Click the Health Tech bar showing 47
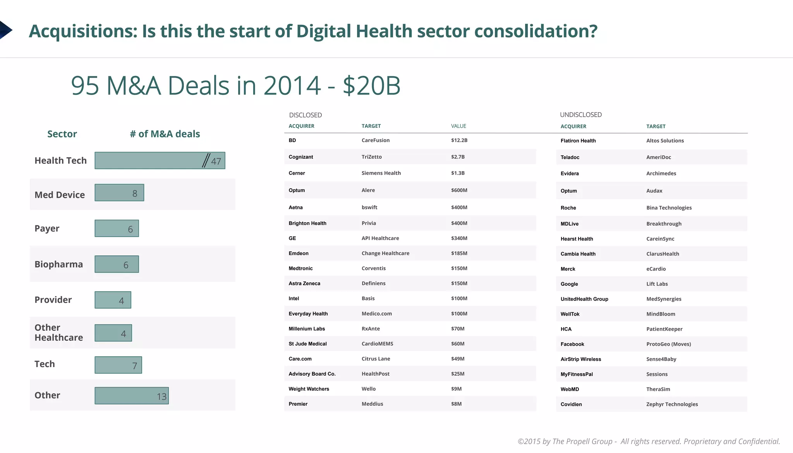(x=160, y=160)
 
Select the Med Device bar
(x=119, y=193)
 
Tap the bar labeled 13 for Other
(x=132, y=396)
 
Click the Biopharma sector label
(x=58, y=264)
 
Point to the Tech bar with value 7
(x=118, y=365)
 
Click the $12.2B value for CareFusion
(x=459, y=141)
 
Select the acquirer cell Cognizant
(x=300, y=157)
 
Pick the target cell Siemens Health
(x=381, y=173)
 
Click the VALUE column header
(x=458, y=126)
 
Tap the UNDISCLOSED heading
(x=580, y=115)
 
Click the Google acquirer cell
(x=569, y=284)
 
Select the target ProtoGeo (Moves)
(x=668, y=344)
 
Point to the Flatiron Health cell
(x=578, y=141)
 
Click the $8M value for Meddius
(x=456, y=404)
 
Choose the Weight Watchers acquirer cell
(x=309, y=389)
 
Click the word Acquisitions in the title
(x=83, y=31)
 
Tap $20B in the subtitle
(x=371, y=86)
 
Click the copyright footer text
(x=649, y=441)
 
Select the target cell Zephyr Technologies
(x=672, y=404)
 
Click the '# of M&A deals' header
(x=165, y=134)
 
